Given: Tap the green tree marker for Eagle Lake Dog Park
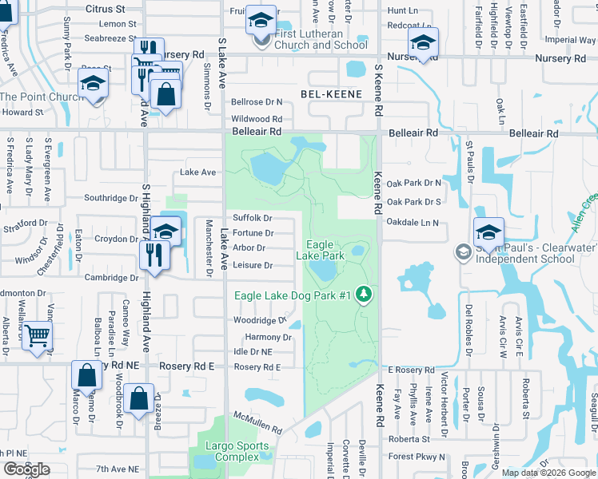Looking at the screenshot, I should click(365, 295).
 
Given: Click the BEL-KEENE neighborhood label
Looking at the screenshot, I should click(331, 94).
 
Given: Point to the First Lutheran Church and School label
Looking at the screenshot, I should click(321, 40).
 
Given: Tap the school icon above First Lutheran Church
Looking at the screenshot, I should click(261, 20).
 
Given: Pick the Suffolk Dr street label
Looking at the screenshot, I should click(253, 218).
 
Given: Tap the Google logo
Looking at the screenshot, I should click(26, 469).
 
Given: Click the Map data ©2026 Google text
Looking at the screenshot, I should click(548, 473).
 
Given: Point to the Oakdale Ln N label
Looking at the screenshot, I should click(413, 223).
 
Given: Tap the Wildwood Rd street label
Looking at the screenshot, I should click(256, 119).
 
